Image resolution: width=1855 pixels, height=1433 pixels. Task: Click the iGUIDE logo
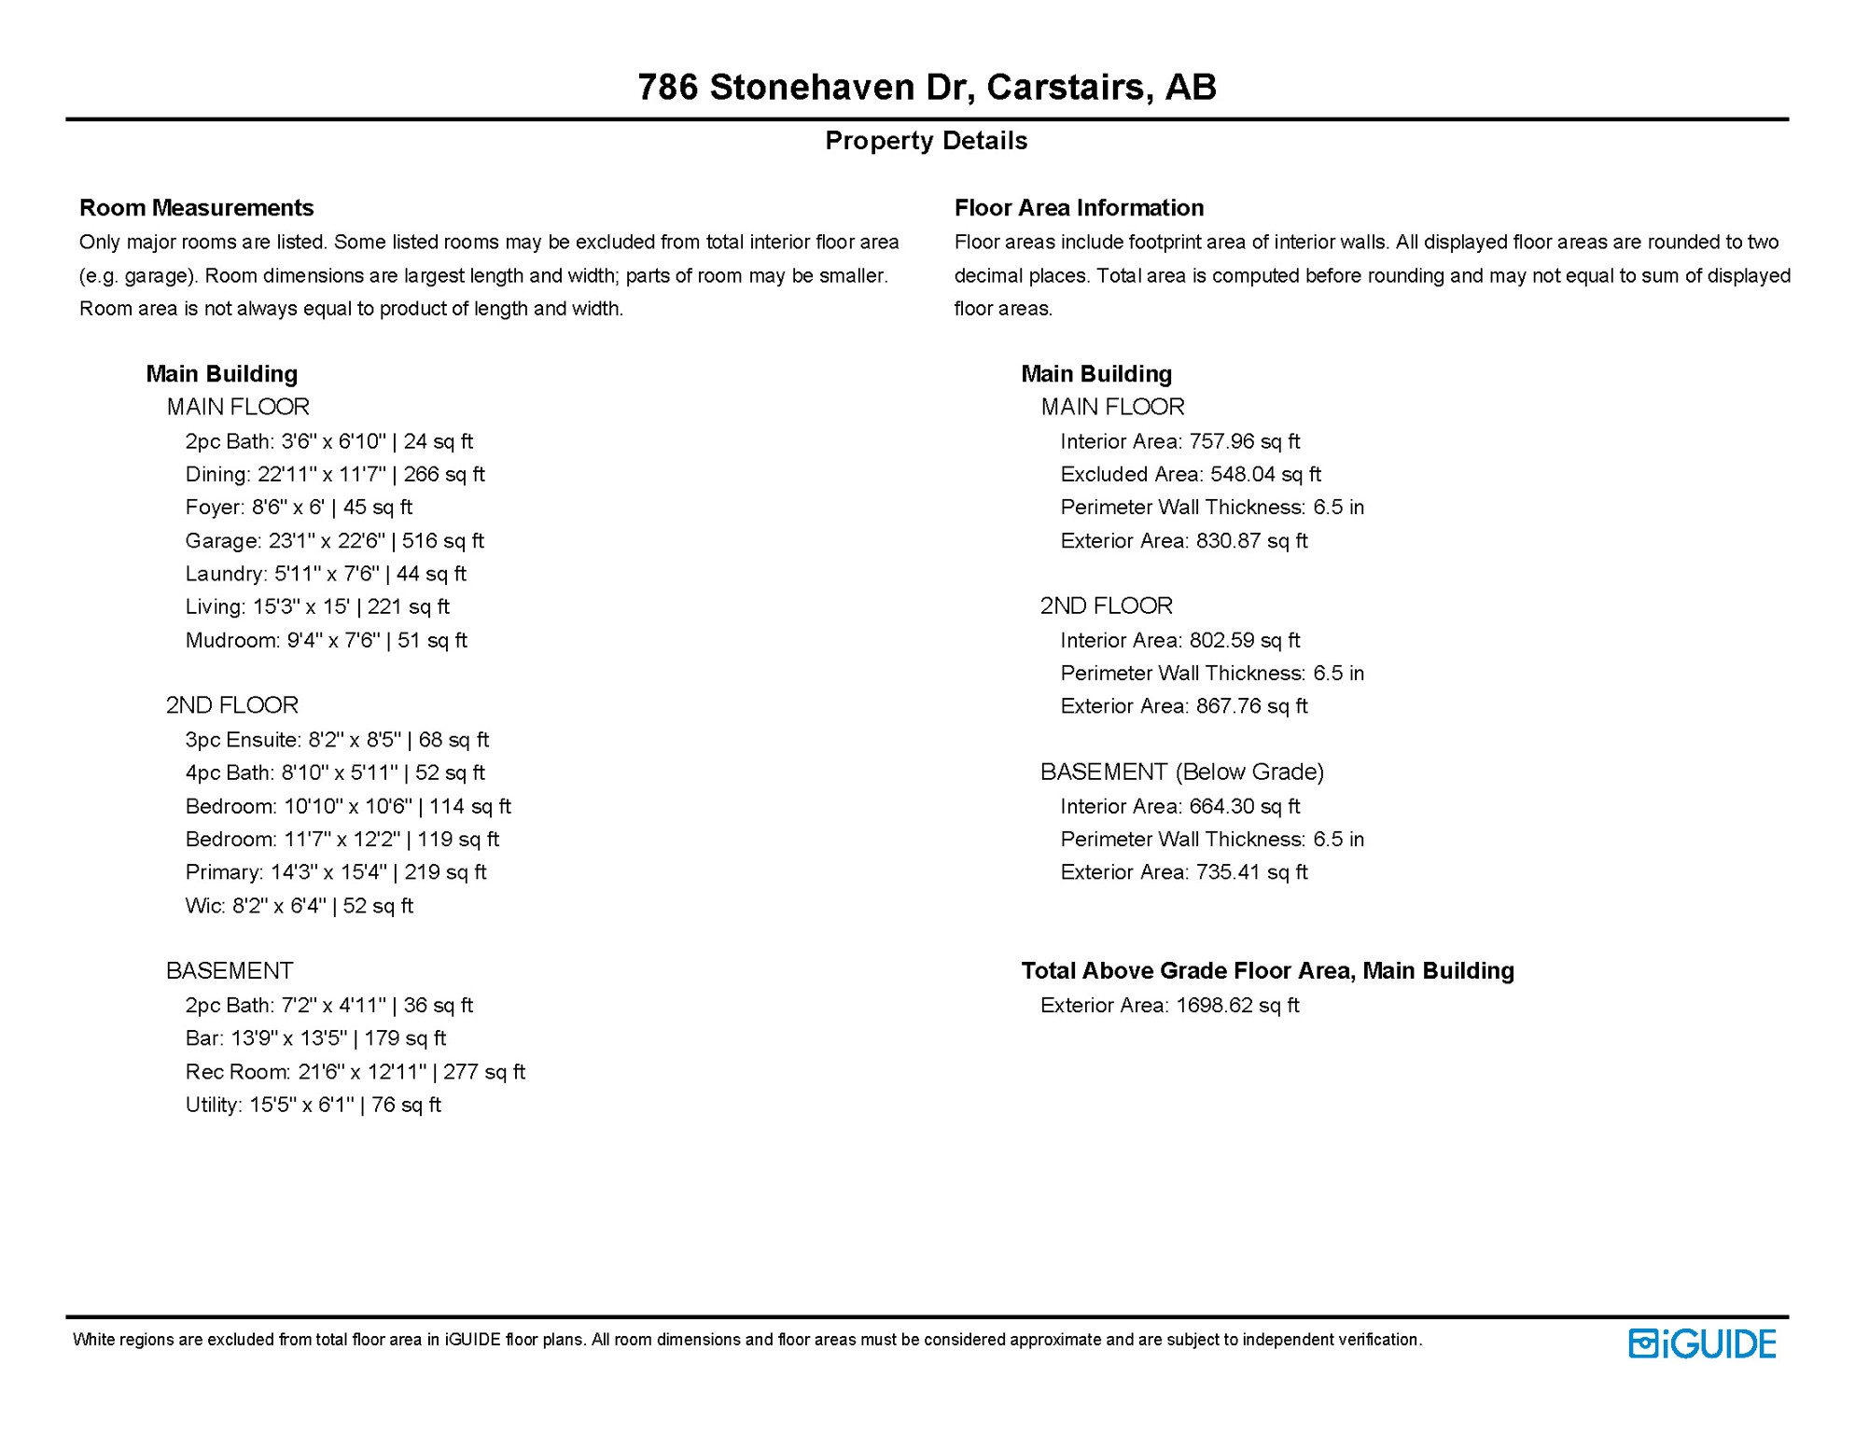pos(1702,1343)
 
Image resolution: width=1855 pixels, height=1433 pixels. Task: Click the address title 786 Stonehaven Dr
pos(927,87)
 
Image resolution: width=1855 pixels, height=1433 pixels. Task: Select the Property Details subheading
pos(926,141)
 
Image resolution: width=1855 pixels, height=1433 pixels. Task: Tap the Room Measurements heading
pos(196,207)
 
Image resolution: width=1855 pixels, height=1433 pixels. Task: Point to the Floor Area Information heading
pos(1079,207)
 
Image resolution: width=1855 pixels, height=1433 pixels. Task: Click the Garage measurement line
pos(334,541)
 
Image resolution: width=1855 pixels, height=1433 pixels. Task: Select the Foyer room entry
pos(299,508)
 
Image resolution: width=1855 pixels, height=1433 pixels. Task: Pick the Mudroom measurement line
pos(326,641)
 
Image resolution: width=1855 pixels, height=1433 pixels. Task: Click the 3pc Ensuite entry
pos(337,740)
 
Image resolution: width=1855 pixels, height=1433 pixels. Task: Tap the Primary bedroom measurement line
pos(336,872)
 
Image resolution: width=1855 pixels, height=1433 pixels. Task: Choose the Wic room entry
pos(299,906)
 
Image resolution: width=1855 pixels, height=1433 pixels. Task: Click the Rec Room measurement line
pos(355,1072)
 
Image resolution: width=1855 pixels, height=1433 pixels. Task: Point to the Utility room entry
pos(313,1106)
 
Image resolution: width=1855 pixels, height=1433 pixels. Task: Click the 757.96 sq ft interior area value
pos(1244,441)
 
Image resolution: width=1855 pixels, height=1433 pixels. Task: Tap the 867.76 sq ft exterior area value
pos(1251,707)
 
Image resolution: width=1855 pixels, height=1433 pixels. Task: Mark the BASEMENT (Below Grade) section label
pos(1182,772)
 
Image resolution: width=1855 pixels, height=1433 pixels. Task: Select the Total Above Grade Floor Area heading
pos(1267,971)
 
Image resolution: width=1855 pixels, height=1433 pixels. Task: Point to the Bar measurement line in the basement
pos(315,1038)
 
